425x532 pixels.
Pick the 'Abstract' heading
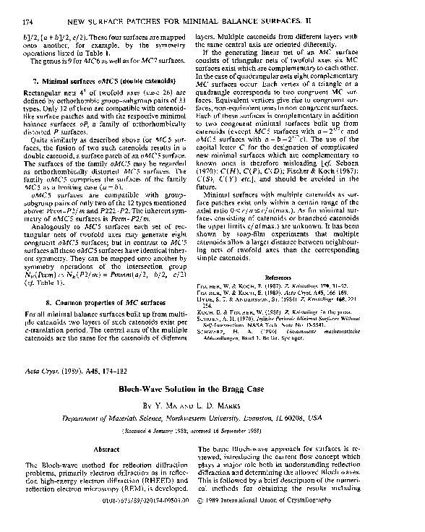coord(107,448)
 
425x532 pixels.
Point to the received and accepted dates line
coord(212,429)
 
